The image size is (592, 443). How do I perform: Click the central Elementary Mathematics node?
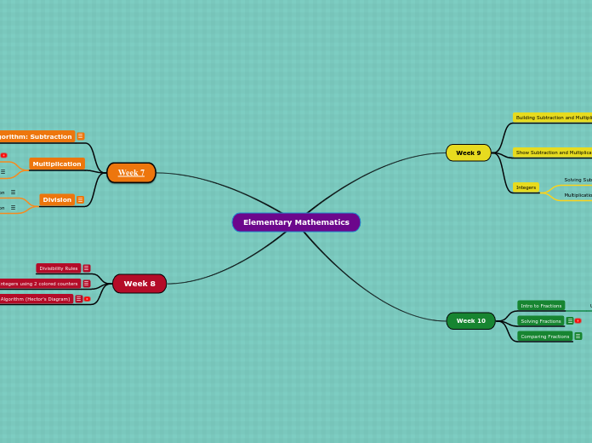pos(296,222)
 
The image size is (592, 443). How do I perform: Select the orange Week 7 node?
pos(131,173)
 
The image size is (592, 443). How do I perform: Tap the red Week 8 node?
pos(139,284)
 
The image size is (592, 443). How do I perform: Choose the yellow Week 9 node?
pos(468,152)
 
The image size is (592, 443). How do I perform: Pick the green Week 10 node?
pos(470,321)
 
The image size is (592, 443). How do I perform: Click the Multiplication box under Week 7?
pos(57,164)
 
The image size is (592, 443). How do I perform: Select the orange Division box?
pos(57,200)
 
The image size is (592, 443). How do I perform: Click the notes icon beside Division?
pos(80,200)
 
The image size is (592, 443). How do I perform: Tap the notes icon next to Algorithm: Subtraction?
pos(81,136)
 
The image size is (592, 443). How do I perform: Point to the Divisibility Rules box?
pos(59,268)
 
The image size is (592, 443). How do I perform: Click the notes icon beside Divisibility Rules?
pos(86,268)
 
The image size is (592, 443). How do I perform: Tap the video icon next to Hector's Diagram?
pos(87,299)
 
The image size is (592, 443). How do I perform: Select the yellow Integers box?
pos(526,187)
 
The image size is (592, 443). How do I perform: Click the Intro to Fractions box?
pos(541,306)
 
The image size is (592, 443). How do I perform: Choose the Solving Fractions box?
pos(541,321)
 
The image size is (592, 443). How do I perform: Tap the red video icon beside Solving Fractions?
pos(578,321)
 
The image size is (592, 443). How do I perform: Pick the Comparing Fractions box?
pos(544,337)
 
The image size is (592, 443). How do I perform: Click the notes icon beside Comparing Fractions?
pos(578,337)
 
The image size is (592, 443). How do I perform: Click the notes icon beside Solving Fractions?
pos(570,321)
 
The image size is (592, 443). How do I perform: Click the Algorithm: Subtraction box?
pos(36,136)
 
